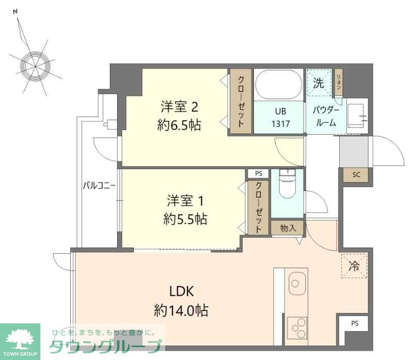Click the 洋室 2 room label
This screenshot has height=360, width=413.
(179, 107)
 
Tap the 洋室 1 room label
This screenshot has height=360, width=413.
(185, 201)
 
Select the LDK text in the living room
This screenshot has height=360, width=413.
(182, 291)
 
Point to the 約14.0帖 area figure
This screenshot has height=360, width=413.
(181, 310)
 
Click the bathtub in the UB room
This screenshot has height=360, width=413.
(279, 85)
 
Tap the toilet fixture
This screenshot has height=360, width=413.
(288, 184)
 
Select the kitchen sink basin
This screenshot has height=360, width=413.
(297, 284)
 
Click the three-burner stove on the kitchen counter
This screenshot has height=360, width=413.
(297, 328)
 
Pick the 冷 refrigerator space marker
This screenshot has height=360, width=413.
(354, 266)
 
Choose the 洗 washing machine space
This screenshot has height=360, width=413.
(319, 83)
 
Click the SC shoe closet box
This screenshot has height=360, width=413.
(356, 174)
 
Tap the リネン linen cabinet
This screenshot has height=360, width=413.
(339, 83)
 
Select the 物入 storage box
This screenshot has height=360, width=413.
(288, 228)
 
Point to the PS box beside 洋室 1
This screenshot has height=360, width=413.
(259, 174)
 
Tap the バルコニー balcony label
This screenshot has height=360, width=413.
(99, 186)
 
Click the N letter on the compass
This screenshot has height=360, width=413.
(15, 11)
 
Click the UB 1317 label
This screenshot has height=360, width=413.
(280, 118)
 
